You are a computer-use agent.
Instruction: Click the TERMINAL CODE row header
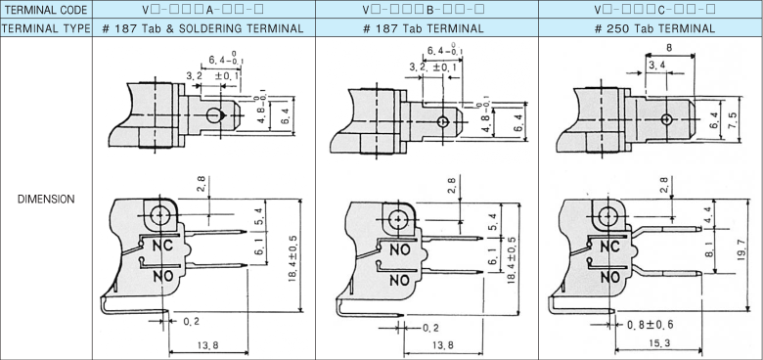point(46,9)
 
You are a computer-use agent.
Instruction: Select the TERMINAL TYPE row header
point(46,28)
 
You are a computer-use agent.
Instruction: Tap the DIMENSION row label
point(46,199)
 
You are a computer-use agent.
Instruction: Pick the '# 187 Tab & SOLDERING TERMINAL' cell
point(203,28)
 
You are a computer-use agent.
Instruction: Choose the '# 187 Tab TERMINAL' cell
point(424,28)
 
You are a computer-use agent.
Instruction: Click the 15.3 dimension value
point(659,343)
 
